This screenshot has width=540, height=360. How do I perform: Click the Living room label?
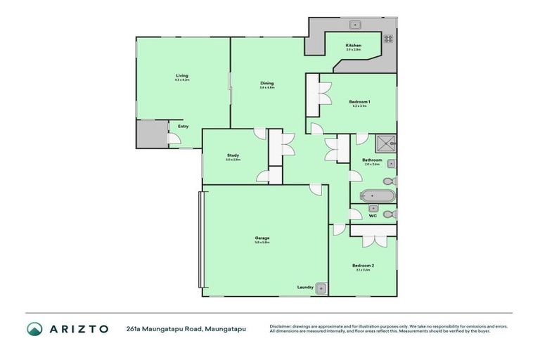tap(182, 75)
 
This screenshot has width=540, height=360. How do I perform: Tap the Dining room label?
tap(266, 83)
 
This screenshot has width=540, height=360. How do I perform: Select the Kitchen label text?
tap(353, 46)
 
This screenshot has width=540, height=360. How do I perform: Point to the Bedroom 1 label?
tap(359, 102)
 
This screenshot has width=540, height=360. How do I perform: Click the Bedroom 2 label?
tap(364, 265)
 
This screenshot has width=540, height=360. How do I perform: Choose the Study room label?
tap(233, 155)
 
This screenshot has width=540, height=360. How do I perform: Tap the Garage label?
tap(262, 238)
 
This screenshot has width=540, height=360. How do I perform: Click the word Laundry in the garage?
tap(305, 287)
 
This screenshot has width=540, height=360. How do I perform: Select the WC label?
tap(373, 216)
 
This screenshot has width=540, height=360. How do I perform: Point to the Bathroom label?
tap(372, 160)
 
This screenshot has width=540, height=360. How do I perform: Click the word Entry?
tap(183, 127)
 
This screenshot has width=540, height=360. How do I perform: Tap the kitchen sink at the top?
tap(355, 25)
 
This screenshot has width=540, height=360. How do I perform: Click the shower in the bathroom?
tap(386, 143)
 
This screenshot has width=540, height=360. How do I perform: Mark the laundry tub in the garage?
tap(321, 287)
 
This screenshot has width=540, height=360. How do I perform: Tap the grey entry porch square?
tap(148, 134)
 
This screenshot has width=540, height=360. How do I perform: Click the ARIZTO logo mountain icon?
tap(35, 328)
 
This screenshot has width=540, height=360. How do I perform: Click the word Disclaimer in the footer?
tap(281, 326)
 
